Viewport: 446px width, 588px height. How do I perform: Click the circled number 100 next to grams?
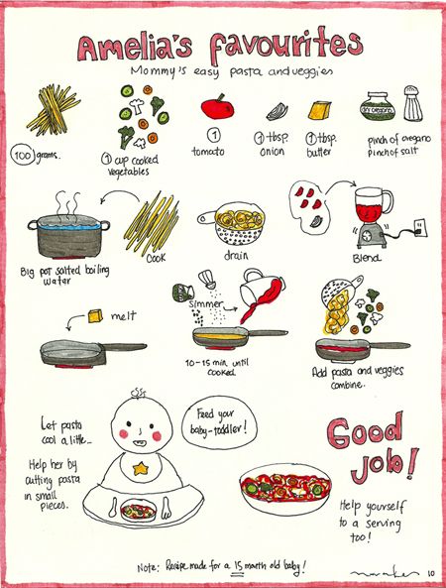[24, 156]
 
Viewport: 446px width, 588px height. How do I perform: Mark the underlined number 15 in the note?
[238, 566]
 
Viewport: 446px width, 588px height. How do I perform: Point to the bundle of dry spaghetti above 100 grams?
[55, 109]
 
